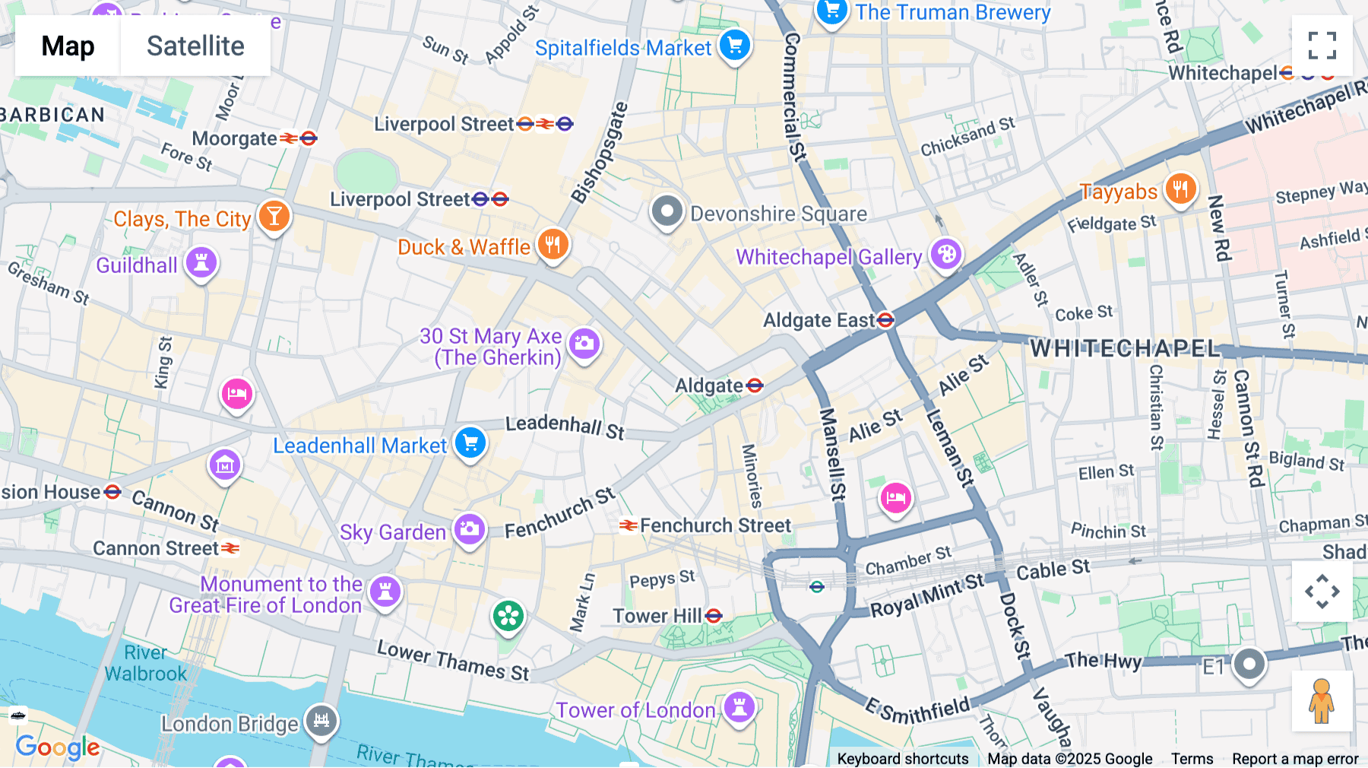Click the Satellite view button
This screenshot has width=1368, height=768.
(x=195, y=46)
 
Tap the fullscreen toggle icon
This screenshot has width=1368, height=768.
(x=1322, y=46)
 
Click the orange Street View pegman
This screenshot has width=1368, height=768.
(x=1322, y=700)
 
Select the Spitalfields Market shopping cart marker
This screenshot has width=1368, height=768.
(x=734, y=45)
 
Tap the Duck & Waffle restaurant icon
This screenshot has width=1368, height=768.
(x=553, y=245)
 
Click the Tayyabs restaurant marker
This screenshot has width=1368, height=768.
(x=1180, y=189)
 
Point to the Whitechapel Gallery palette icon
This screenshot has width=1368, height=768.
(x=946, y=254)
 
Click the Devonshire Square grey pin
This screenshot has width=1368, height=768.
(x=667, y=211)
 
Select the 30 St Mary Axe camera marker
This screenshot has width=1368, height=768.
(x=584, y=344)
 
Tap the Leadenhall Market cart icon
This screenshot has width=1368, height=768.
(x=470, y=442)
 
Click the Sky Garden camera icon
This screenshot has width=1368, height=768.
(x=470, y=528)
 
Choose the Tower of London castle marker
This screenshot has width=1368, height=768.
(x=739, y=706)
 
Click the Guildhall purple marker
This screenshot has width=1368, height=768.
(x=201, y=262)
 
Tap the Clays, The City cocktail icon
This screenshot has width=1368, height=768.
(x=274, y=216)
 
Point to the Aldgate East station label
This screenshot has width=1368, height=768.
(x=819, y=320)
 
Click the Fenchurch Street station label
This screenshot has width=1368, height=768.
(x=714, y=525)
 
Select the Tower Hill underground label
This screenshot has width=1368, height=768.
(x=657, y=616)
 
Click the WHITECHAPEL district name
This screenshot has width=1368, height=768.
(x=1124, y=348)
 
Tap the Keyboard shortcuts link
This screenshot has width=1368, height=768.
(x=902, y=758)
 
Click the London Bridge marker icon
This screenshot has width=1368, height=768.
(x=321, y=719)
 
